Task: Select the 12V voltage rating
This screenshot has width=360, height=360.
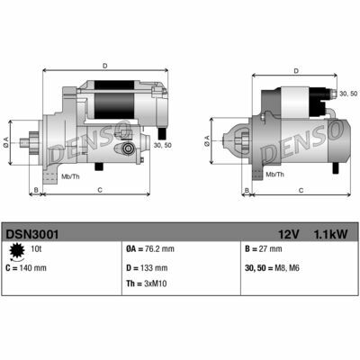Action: pos(288,233)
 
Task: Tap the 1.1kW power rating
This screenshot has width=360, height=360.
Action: pos(329,233)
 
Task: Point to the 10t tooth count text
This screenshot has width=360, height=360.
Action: pos(36,249)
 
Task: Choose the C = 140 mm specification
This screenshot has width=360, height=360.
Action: pos(27,267)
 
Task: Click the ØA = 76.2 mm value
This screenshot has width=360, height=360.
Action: pos(151,249)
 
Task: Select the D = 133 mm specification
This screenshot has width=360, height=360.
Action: pos(145,267)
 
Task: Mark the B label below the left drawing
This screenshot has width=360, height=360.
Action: pos(35,190)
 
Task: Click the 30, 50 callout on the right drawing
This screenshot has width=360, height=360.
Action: pos(346,93)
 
